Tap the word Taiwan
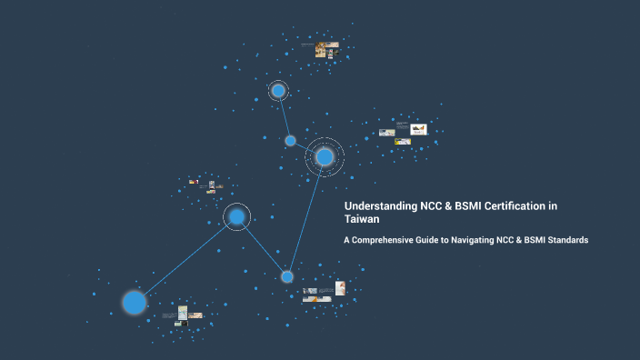(x=362, y=219)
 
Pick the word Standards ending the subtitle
(x=566, y=240)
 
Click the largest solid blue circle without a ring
(x=135, y=302)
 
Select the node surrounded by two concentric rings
(x=325, y=157)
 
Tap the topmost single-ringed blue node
(x=278, y=91)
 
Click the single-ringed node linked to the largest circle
(x=236, y=216)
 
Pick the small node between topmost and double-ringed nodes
(x=290, y=141)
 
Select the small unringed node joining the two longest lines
(x=287, y=276)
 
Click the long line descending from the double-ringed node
(x=306, y=216)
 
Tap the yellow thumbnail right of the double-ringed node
(x=419, y=129)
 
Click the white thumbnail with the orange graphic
(x=340, y=288)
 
